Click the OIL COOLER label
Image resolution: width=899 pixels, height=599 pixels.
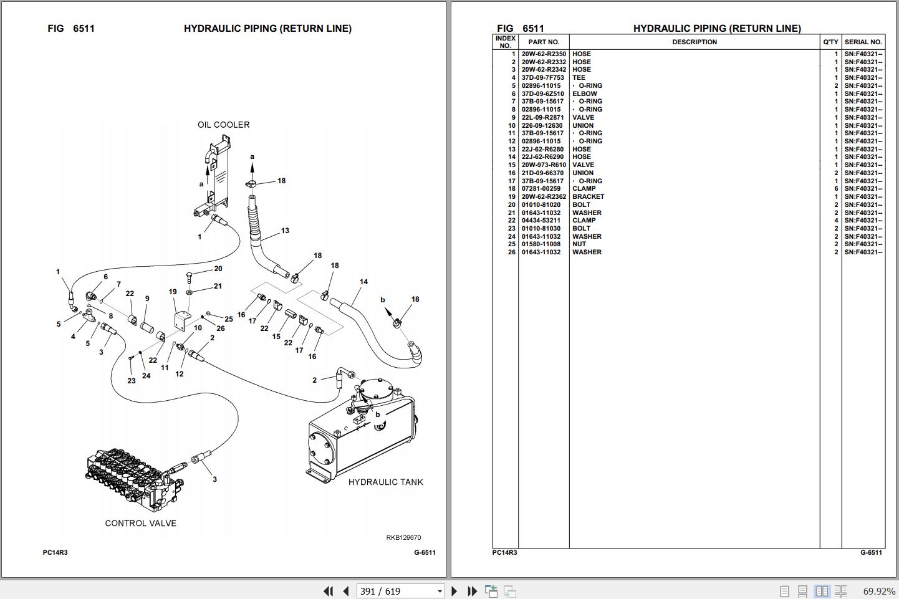coord(223,125)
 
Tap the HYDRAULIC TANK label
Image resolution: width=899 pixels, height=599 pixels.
coord(385,482)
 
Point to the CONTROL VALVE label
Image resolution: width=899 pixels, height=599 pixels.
coord(140,524)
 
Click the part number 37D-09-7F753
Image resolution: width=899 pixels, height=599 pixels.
coord(542,78)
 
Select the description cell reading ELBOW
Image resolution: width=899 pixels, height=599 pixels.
coord(584,94)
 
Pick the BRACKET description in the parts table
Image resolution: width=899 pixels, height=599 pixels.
coord(588,197)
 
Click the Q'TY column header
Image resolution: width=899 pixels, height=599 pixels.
coord(830,42)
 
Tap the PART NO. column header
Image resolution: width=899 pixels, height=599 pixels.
coord(544,42)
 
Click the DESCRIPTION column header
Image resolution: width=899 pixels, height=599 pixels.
coord(694,42)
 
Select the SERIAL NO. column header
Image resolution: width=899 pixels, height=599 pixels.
coord(863,42)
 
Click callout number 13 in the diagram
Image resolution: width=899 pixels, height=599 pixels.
coord(285,231)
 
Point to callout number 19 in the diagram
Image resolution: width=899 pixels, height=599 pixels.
coord(173,292)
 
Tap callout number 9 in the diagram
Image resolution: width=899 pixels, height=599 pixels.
coord(147,299)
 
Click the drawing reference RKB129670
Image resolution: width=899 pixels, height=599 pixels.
coord(403,537)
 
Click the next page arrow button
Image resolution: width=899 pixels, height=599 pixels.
coord(454,591)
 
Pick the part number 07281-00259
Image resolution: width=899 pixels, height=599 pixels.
coord(541,189)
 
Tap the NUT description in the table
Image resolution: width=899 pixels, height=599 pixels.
coord(579,244)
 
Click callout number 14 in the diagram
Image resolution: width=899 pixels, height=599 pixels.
coord(363,282)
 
